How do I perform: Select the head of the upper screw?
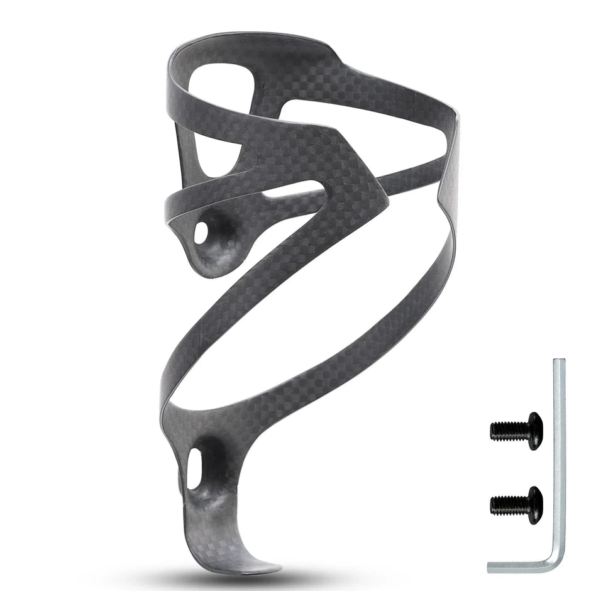(533, 431)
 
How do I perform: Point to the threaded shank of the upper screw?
(507, 431)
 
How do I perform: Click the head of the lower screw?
(534, 504)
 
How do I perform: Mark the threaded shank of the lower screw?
(507, 504)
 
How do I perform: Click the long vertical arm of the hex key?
(559, 453)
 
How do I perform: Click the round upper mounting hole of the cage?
(202, 233)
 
